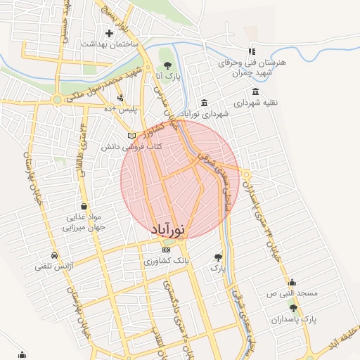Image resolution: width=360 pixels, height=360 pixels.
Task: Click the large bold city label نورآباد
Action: click(x=169, y=229)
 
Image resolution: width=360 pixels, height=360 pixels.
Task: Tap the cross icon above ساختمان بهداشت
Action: click(x=109, y=33)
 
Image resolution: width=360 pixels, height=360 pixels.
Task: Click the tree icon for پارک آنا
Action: click(x=167, y=65)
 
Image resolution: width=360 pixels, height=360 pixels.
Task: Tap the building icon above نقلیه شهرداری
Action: click(x=255, y=92)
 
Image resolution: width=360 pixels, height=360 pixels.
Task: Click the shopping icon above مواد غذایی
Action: click(x=84, y=207)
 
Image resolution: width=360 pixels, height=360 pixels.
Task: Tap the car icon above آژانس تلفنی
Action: click(x=54, y=255)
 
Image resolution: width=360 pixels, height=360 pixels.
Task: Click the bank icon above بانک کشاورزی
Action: click(x=166, y=250)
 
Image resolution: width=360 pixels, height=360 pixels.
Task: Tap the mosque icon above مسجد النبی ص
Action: click(x=292, y=282)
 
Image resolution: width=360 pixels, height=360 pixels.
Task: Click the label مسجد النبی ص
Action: click(x=295, y=292)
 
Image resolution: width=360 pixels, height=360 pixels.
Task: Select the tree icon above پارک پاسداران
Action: click(x=294, y=308)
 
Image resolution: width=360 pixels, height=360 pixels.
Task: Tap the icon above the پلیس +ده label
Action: click(x=121, y=98)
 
